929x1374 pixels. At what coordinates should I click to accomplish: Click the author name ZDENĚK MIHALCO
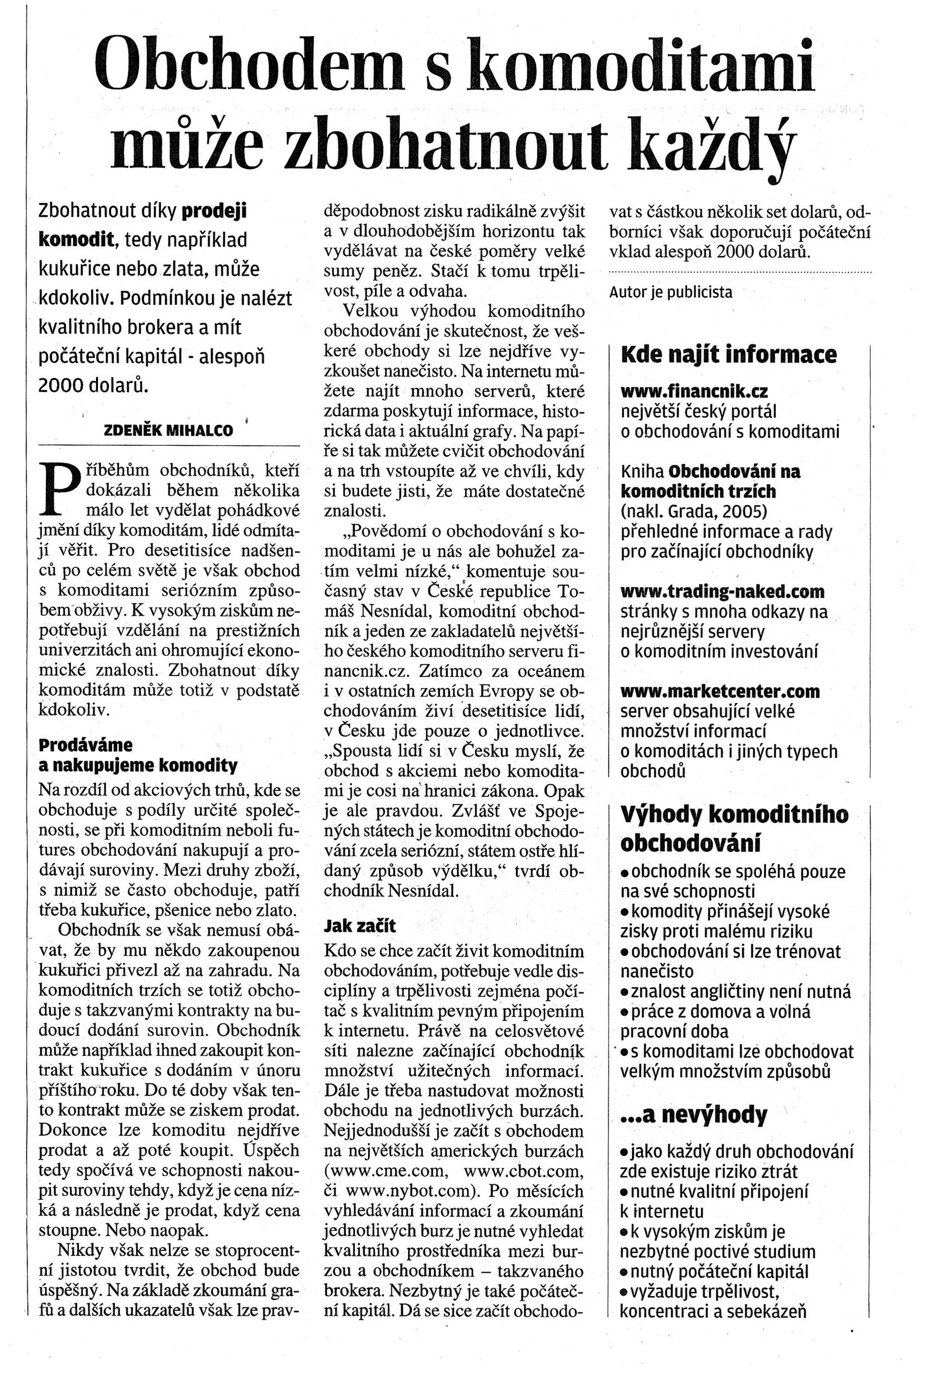168,430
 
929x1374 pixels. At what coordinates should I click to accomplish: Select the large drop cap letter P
61,486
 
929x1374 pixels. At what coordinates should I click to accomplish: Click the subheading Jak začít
359,925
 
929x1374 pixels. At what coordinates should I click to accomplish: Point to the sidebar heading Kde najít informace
728,355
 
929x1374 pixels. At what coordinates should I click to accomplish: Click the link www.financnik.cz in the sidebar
694,391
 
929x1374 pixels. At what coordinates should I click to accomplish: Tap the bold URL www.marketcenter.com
720,691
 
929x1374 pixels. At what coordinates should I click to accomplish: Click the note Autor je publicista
671,292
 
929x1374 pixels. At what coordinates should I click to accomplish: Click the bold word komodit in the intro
76,239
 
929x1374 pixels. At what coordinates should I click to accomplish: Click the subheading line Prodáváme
86,745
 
